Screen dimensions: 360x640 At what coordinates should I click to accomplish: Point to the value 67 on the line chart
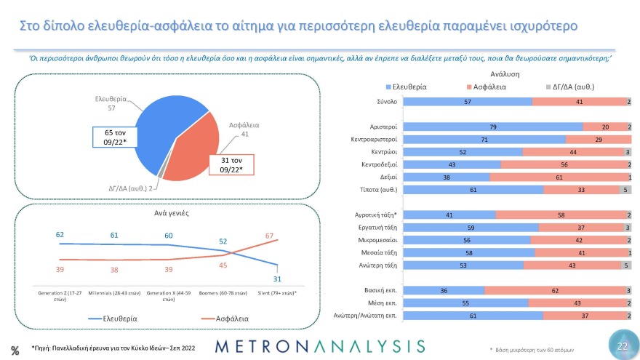click(269, 236)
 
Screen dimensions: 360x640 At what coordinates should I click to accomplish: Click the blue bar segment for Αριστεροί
click(492, 127)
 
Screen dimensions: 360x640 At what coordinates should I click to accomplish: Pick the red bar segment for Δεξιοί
click(559, 177)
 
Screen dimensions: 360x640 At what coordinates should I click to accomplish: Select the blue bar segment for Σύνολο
click(468, 102)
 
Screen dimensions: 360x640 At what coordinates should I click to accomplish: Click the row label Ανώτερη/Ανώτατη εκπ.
click(364, 316)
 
